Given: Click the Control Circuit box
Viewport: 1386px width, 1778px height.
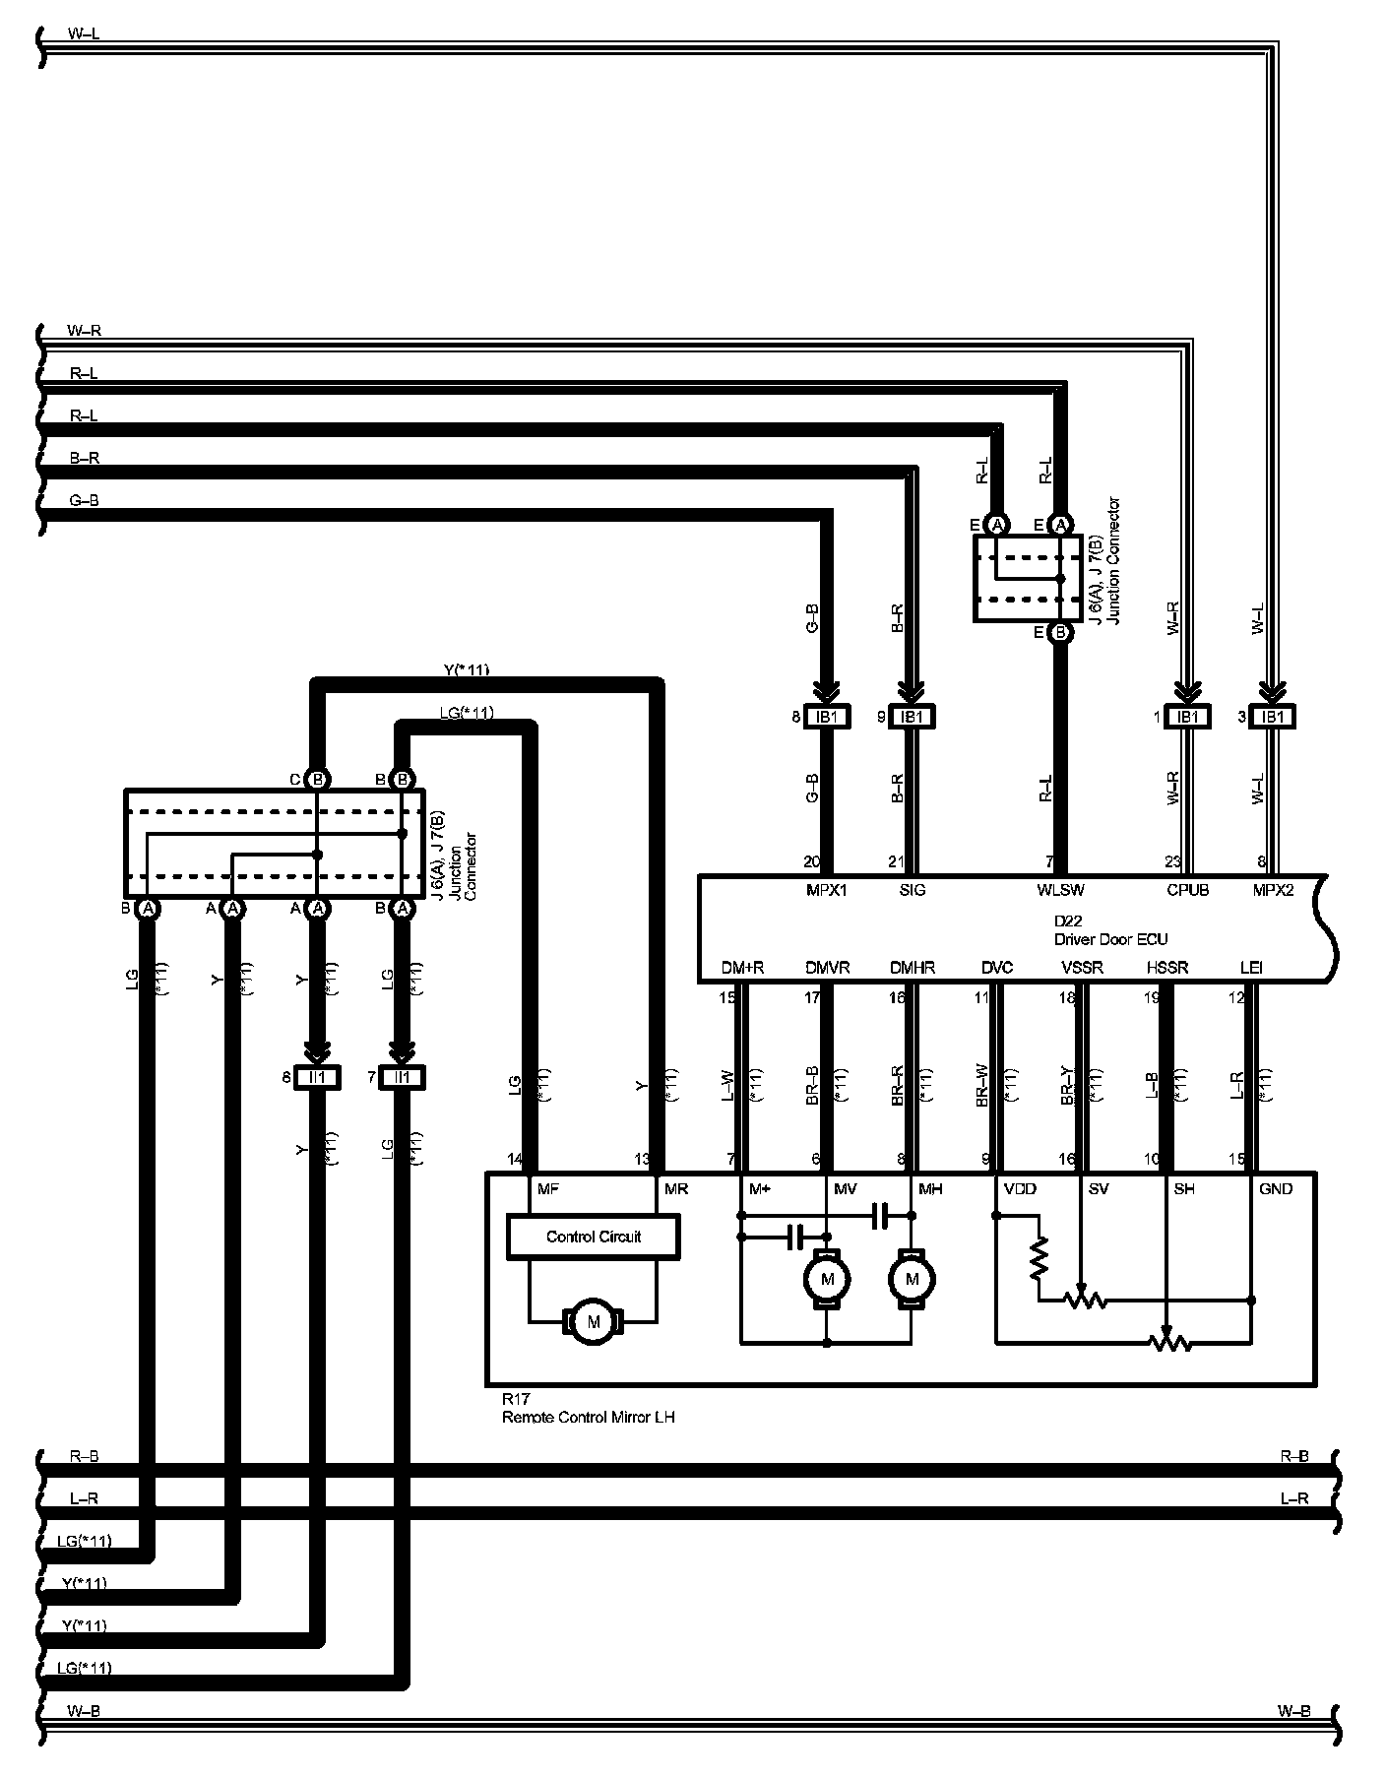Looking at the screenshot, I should (x=593, y=1237).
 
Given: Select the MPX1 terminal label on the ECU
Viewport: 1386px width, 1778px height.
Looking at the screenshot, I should (x=827, y=890).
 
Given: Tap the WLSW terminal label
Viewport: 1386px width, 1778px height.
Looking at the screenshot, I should (x=1060, y=890).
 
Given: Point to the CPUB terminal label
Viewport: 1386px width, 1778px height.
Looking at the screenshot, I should (x=1187, y=890).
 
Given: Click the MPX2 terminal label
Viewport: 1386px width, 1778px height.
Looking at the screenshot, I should (x=1273, y=890).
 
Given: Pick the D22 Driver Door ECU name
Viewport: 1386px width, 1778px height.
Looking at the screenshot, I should (x=1110, y=930).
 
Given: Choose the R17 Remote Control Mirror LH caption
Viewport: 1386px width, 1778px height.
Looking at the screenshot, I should (x=588, y=1410).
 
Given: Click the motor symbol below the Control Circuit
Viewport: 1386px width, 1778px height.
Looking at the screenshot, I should (x=593, y=1322).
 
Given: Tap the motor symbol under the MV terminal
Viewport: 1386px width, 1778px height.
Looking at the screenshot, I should (x=827, y=1279).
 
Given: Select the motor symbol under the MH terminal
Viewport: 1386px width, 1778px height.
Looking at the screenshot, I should (x=913, y=1279).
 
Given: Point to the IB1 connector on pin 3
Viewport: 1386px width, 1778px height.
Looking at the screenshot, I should (x=1273, y=717).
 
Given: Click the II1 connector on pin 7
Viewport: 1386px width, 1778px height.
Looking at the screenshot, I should (x=402, y=1078).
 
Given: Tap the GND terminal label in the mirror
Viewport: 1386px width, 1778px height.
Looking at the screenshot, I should (x=1275, y=1189).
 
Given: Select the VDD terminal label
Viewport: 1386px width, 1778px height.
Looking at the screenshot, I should (x=1020, y=1189).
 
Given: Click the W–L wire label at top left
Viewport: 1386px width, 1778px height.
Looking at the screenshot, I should (x=84, y=34).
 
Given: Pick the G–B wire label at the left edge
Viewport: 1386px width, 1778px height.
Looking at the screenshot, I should (x=84, y=500).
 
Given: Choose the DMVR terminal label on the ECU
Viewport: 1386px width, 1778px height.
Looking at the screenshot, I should (x=827, y=968).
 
